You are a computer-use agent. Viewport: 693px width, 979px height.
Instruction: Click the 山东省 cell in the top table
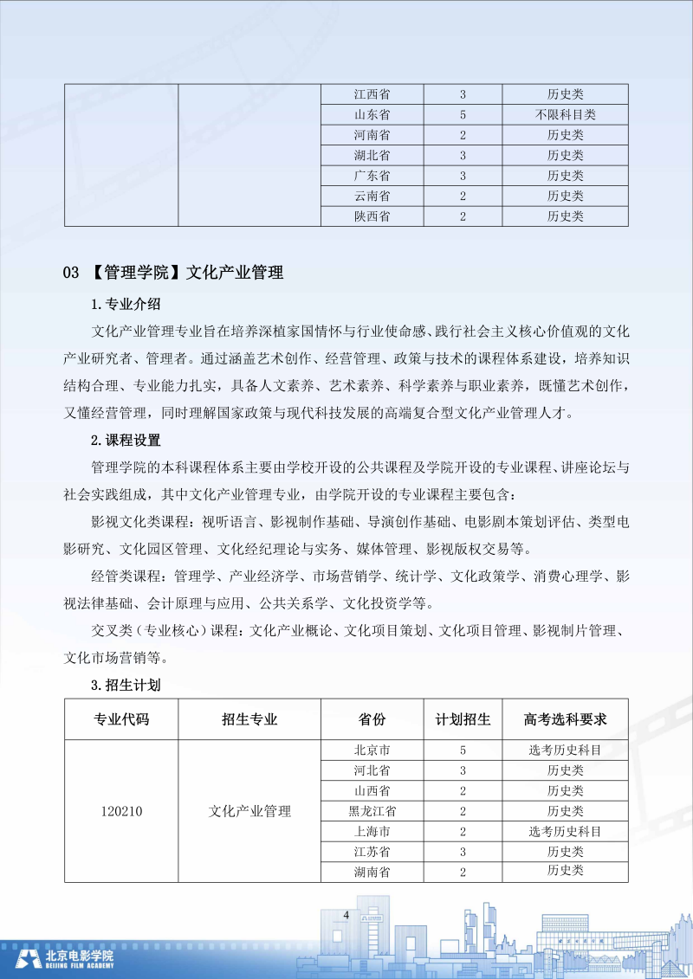(372, 114)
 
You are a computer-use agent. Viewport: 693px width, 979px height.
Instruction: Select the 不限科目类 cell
(565, 114)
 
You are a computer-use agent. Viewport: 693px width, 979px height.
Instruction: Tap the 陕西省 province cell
(372, 216)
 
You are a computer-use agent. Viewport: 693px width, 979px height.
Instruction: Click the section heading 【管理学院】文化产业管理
(186, 273)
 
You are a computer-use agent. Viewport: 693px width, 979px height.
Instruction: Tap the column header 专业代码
(121, 719)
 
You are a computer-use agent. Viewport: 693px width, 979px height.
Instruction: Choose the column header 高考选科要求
(565, 719)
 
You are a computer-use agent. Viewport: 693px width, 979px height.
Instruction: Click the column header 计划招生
(463, 719)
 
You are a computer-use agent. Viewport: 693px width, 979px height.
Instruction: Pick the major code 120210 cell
(121, 811)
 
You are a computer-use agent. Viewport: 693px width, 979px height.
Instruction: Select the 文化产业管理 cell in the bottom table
(249, 811)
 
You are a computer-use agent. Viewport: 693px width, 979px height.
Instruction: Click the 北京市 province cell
(372, 750)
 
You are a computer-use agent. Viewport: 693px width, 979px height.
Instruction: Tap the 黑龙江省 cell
(372, 811)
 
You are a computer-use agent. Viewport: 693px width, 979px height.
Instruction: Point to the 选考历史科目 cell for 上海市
(565, 832)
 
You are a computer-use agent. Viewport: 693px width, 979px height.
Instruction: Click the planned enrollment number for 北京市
(463, 750)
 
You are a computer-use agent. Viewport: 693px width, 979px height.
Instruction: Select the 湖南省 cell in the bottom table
(372, 872)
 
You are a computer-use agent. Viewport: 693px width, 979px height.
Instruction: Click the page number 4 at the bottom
(346, 915)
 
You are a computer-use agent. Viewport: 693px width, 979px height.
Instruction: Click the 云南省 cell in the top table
(372, 196)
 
